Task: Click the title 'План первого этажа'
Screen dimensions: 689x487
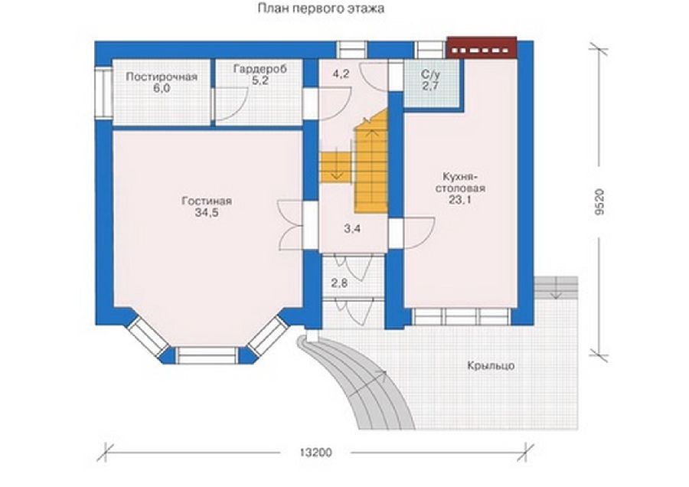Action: (321, 8)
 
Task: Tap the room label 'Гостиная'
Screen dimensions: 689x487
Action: (207, 201)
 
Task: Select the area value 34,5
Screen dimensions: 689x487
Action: (207, 214)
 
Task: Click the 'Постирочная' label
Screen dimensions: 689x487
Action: (162, 77)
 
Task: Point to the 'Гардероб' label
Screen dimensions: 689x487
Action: (260, 69)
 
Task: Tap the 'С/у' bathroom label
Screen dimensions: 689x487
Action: (430, 74)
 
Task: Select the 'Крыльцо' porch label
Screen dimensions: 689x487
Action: (491, 365)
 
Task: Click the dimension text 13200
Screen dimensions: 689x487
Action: (315, 453)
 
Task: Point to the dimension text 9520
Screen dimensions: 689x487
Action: (600, 201)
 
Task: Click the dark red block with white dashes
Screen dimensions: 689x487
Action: (482, 47)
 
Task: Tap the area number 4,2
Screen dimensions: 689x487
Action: (341, 74)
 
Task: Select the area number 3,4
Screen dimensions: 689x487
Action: (352, 228)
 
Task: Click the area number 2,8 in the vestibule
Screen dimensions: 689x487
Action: (339, 283)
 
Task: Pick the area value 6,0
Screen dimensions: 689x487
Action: (162, 88)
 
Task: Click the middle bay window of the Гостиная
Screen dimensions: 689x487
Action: (207, 355)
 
